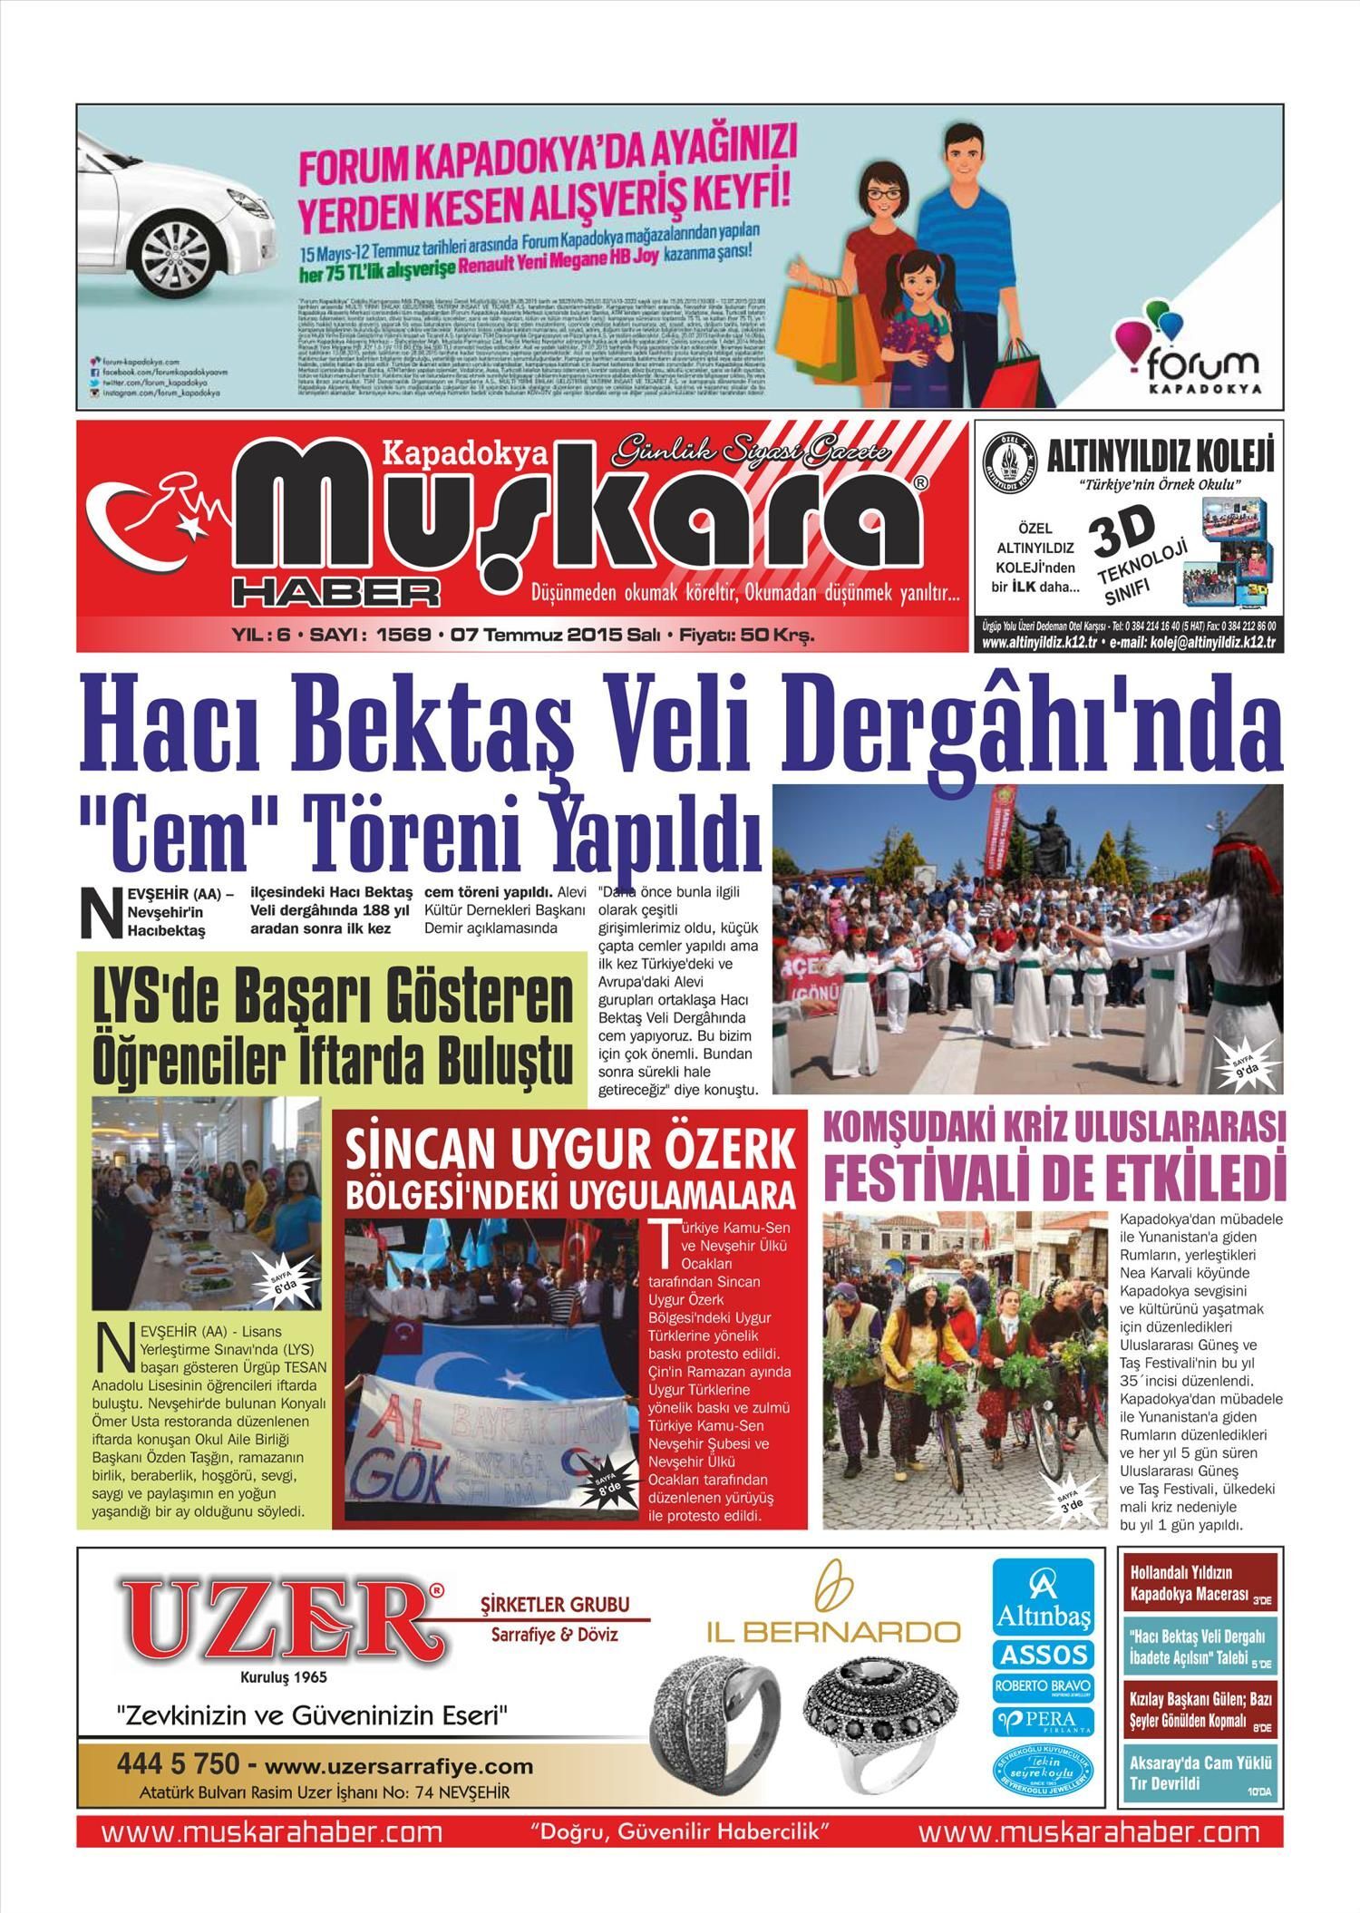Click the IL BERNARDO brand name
point(833,1631)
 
